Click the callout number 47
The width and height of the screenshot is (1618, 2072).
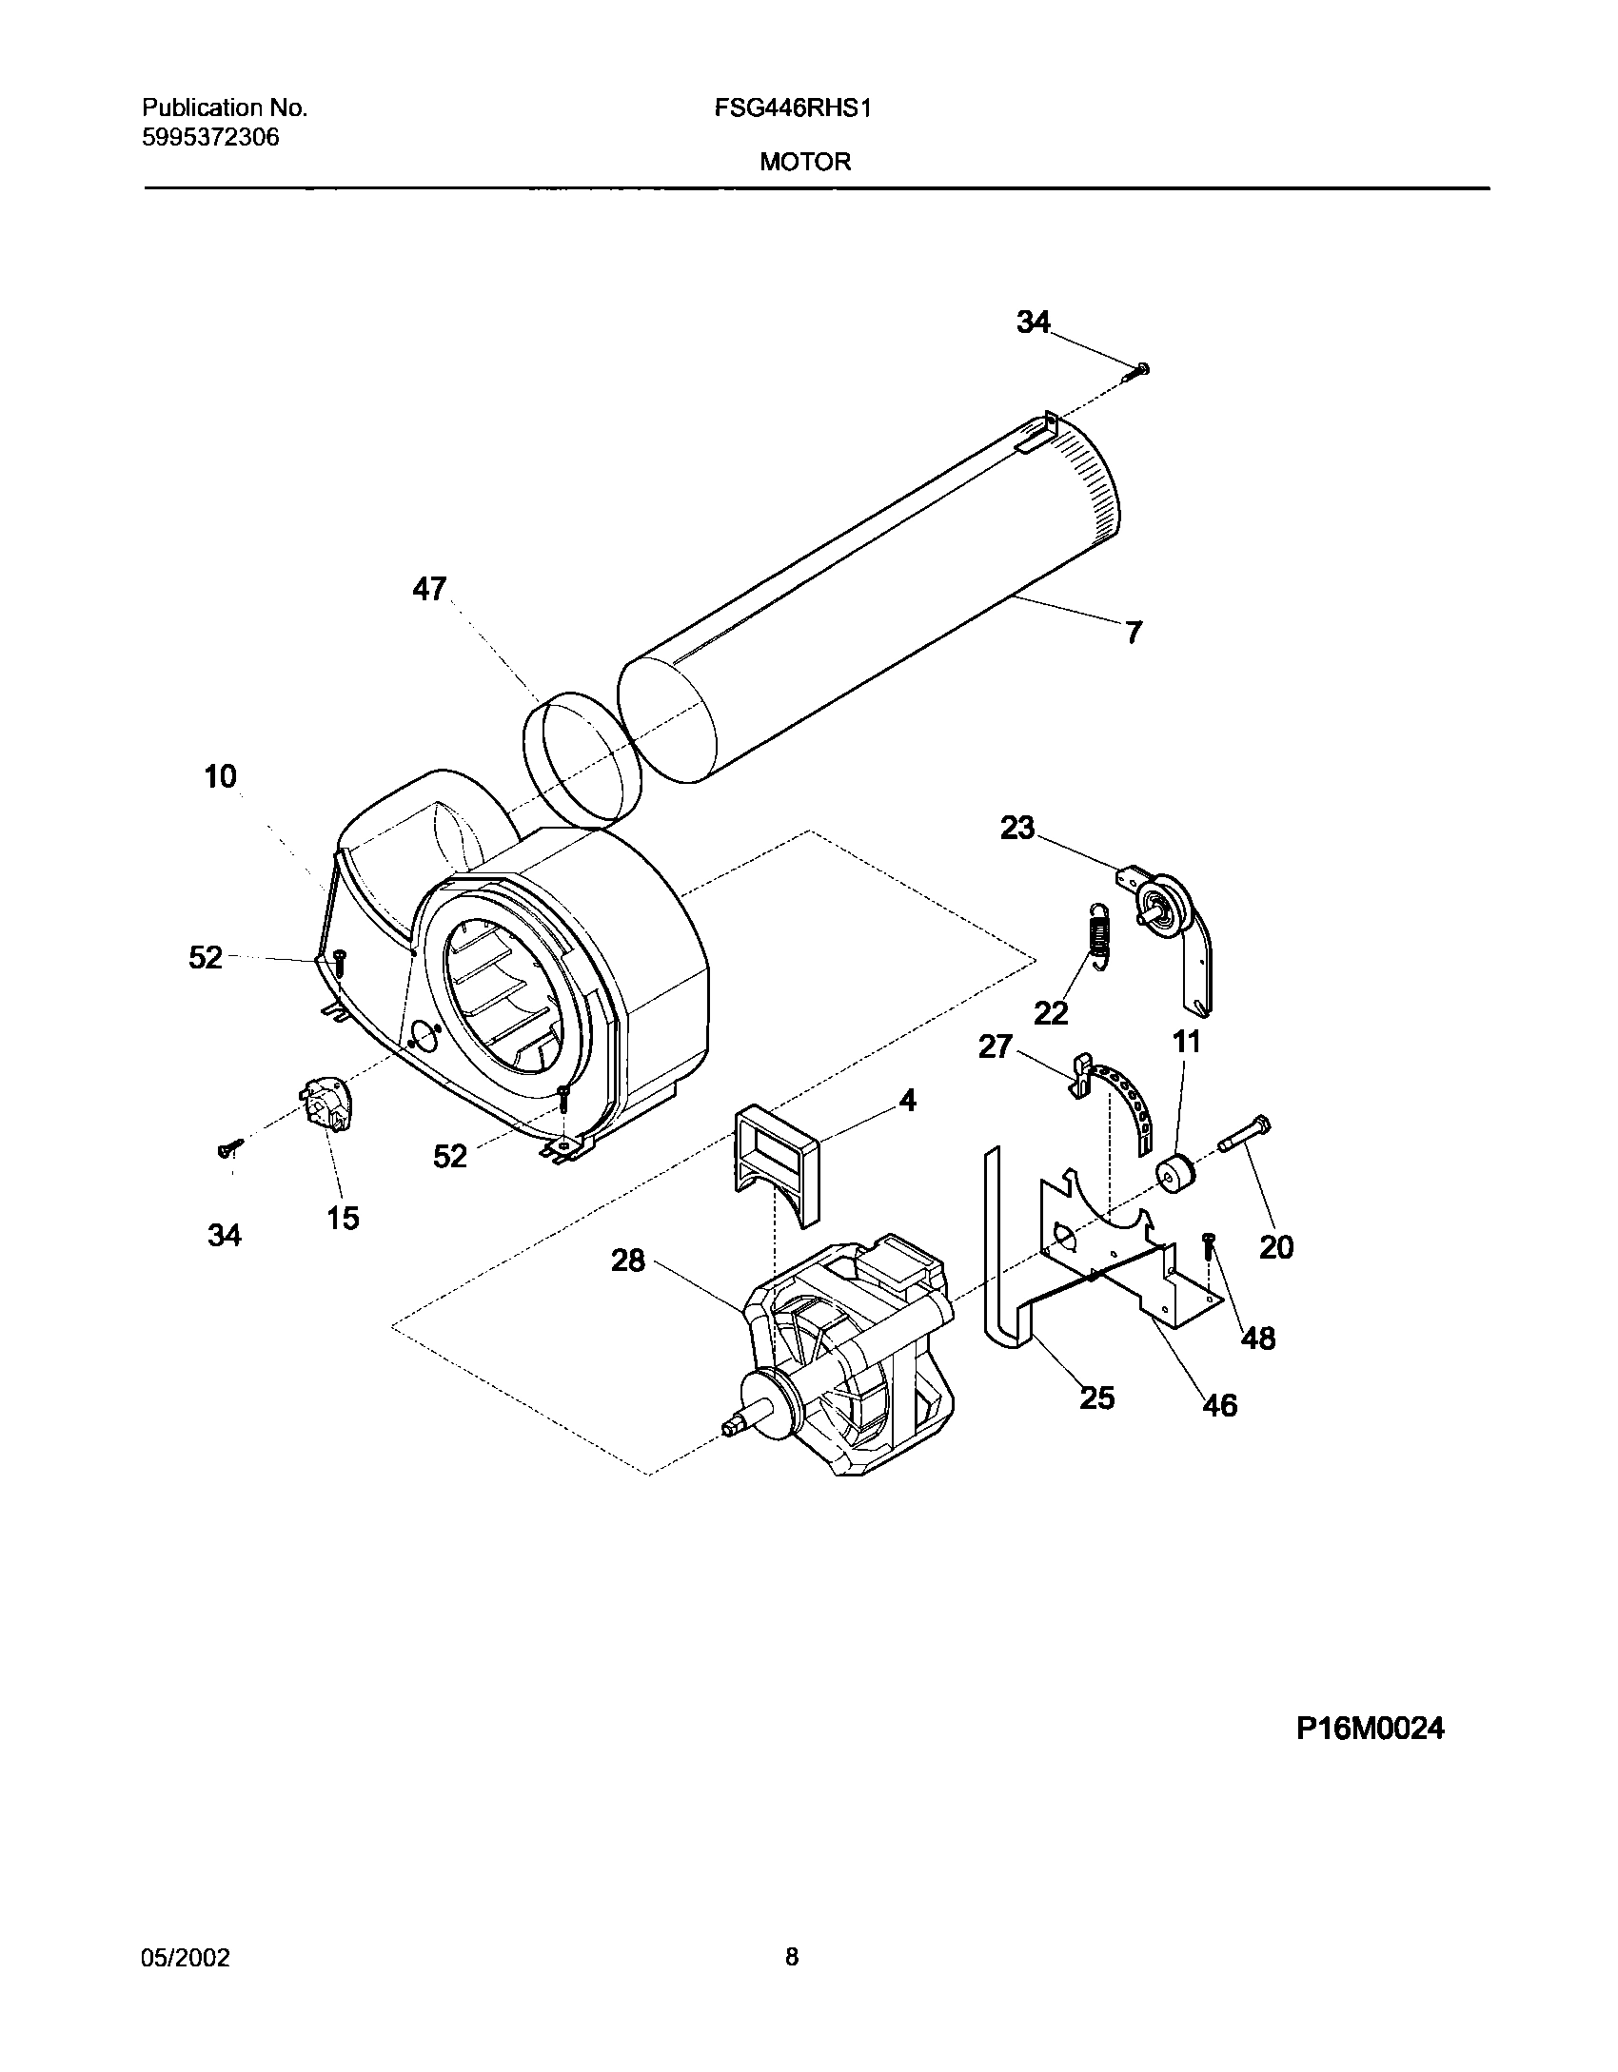[x=428, y=589]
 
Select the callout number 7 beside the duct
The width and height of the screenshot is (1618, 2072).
[x=1133, y=633]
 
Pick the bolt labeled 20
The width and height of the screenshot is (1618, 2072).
[x=1243, y=1134]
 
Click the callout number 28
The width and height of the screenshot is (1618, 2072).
[x=627, y=1261]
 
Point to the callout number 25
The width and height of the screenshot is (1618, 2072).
[x=1096, y=1398]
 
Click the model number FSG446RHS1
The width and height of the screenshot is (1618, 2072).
[x=793, y=108]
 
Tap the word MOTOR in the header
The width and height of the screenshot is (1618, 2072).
[x=805, y=163]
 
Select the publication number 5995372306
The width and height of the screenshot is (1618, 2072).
[x=210, y=138]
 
